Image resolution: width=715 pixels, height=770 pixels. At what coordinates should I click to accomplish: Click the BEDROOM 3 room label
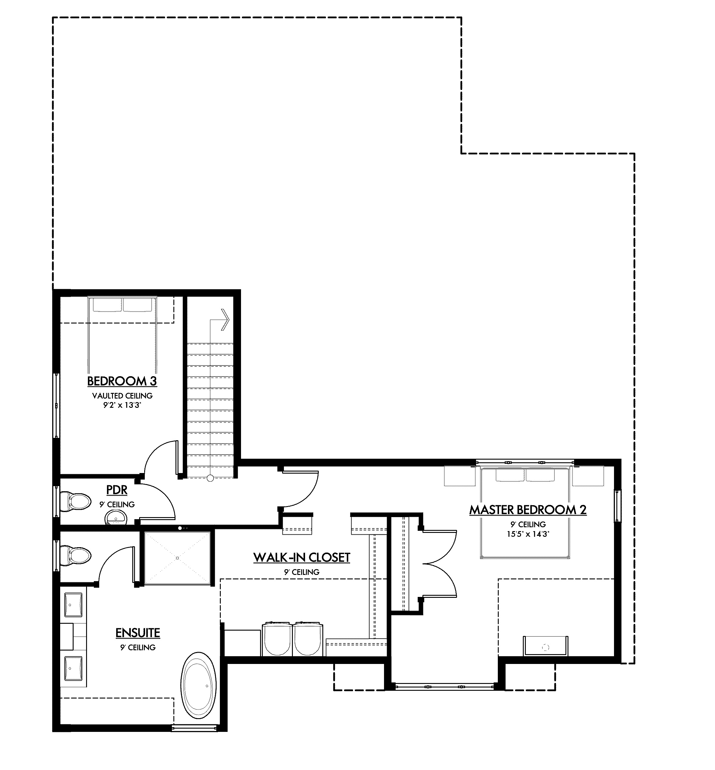pos(122,381)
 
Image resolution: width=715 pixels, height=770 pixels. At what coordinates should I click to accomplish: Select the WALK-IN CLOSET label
pos(301,558)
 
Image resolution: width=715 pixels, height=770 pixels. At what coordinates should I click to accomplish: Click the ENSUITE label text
pos(138,633)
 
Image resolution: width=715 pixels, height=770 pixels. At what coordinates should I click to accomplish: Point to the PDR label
pos(117,490)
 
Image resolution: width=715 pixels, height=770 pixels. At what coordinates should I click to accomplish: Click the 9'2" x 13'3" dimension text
pos(122,405)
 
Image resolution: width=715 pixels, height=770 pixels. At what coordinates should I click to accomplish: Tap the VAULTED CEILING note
pos(122,396)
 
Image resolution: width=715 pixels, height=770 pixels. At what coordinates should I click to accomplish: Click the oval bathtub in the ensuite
pos(199,686)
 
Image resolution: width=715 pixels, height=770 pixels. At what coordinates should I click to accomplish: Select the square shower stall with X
pos(177,558)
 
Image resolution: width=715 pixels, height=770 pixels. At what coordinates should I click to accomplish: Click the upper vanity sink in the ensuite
pos(74,604)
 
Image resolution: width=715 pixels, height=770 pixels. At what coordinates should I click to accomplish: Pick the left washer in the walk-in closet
pos(277,639)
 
